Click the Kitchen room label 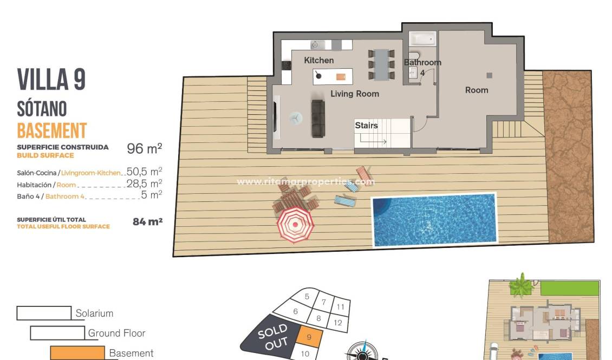pyautogui.click(x=318, y=60)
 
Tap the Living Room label pyautogui.click(x=355, y=94)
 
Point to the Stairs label pyautogui.click(x=366, y=125)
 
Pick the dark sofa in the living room pyautogui.click(x=318, y=118)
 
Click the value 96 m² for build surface pyautogui.click(x=144, y=148)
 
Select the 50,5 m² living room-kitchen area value pyautogui.click(x=144, y=172)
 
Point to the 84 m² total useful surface pyautogui.click(x=147, y=221)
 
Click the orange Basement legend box pyautogui.click(x=77, y=353)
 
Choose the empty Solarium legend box pyautogui.click(x=44, y=313)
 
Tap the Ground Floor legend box pyautogui.click(x=57, y=333)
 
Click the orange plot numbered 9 pyautogui.click(x=309, y=337)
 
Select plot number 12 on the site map pyautogui.click(x=338, y=323)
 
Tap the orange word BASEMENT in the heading pyautogui.click(x=52, y=130)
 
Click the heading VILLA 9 pyautogui.click(x=51, y=80)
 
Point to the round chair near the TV pyautogui.click(x=296, y=117)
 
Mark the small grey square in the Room pyautogui.click(x=490, y=75)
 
